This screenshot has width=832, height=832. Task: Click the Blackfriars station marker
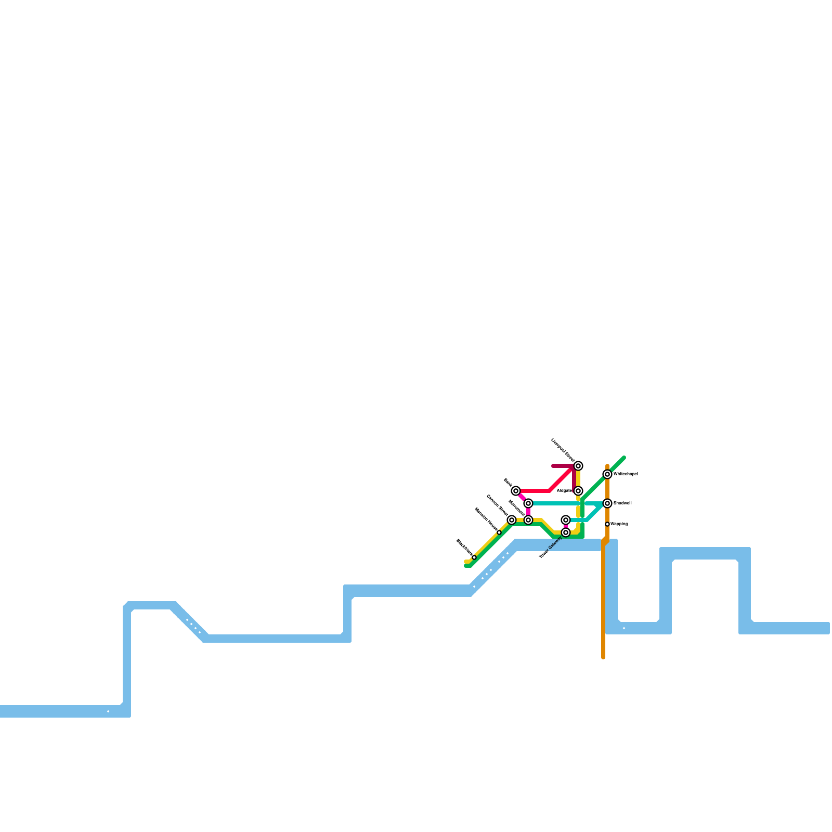(x=474, y=557)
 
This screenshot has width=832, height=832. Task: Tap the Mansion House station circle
(x=499, y=532)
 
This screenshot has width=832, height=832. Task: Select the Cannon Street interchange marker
(x=512, y=520)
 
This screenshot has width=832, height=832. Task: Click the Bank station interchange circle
(x=516, y=491)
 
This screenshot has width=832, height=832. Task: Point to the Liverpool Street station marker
(x=578, y=466)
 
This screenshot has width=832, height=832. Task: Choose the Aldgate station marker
(x=578, y=491)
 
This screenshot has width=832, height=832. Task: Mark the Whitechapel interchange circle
(x=607, y=474)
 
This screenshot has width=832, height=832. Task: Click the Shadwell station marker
(x=607, y=503)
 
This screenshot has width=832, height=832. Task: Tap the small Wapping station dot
(x=607, y=524)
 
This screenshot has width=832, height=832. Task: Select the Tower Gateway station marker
(x=566, y=532)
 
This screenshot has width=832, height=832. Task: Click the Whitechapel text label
(x=626, y=474)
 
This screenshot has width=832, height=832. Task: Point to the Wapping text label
(x=619, y=524)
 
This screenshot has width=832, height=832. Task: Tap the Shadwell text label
(x=622, y=503)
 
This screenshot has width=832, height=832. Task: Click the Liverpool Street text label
(x=562, y=450)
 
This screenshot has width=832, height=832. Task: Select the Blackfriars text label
(x=464, y=548)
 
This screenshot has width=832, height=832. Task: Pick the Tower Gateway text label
(x=551, y=548)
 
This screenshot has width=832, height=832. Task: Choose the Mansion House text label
(x=486, y=519)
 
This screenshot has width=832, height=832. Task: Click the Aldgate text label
(x=564, y=491)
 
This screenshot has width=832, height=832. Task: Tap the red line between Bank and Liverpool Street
(x=536, y=491)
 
